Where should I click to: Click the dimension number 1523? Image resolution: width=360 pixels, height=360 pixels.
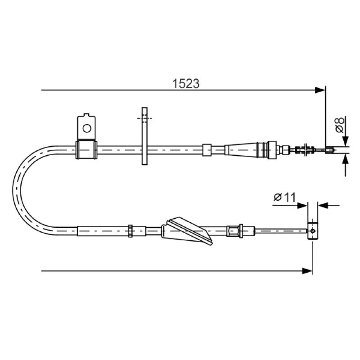(186, 84)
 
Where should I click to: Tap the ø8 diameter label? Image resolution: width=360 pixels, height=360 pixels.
(340, 125)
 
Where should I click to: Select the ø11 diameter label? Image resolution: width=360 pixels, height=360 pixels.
(285, 197)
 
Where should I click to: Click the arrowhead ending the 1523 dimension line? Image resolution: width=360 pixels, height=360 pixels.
(320, 90)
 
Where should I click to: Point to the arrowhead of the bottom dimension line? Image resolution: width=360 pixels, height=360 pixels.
(307, 271)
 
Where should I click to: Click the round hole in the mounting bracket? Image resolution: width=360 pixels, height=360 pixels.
(87, 128)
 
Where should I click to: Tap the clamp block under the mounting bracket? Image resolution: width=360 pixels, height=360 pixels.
(86, 150)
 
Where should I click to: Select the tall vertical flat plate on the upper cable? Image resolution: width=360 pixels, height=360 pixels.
(144, 136)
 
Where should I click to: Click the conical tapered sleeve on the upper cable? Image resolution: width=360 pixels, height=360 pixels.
(241, 150)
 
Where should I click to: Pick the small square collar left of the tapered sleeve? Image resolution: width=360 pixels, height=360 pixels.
(207, 150)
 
